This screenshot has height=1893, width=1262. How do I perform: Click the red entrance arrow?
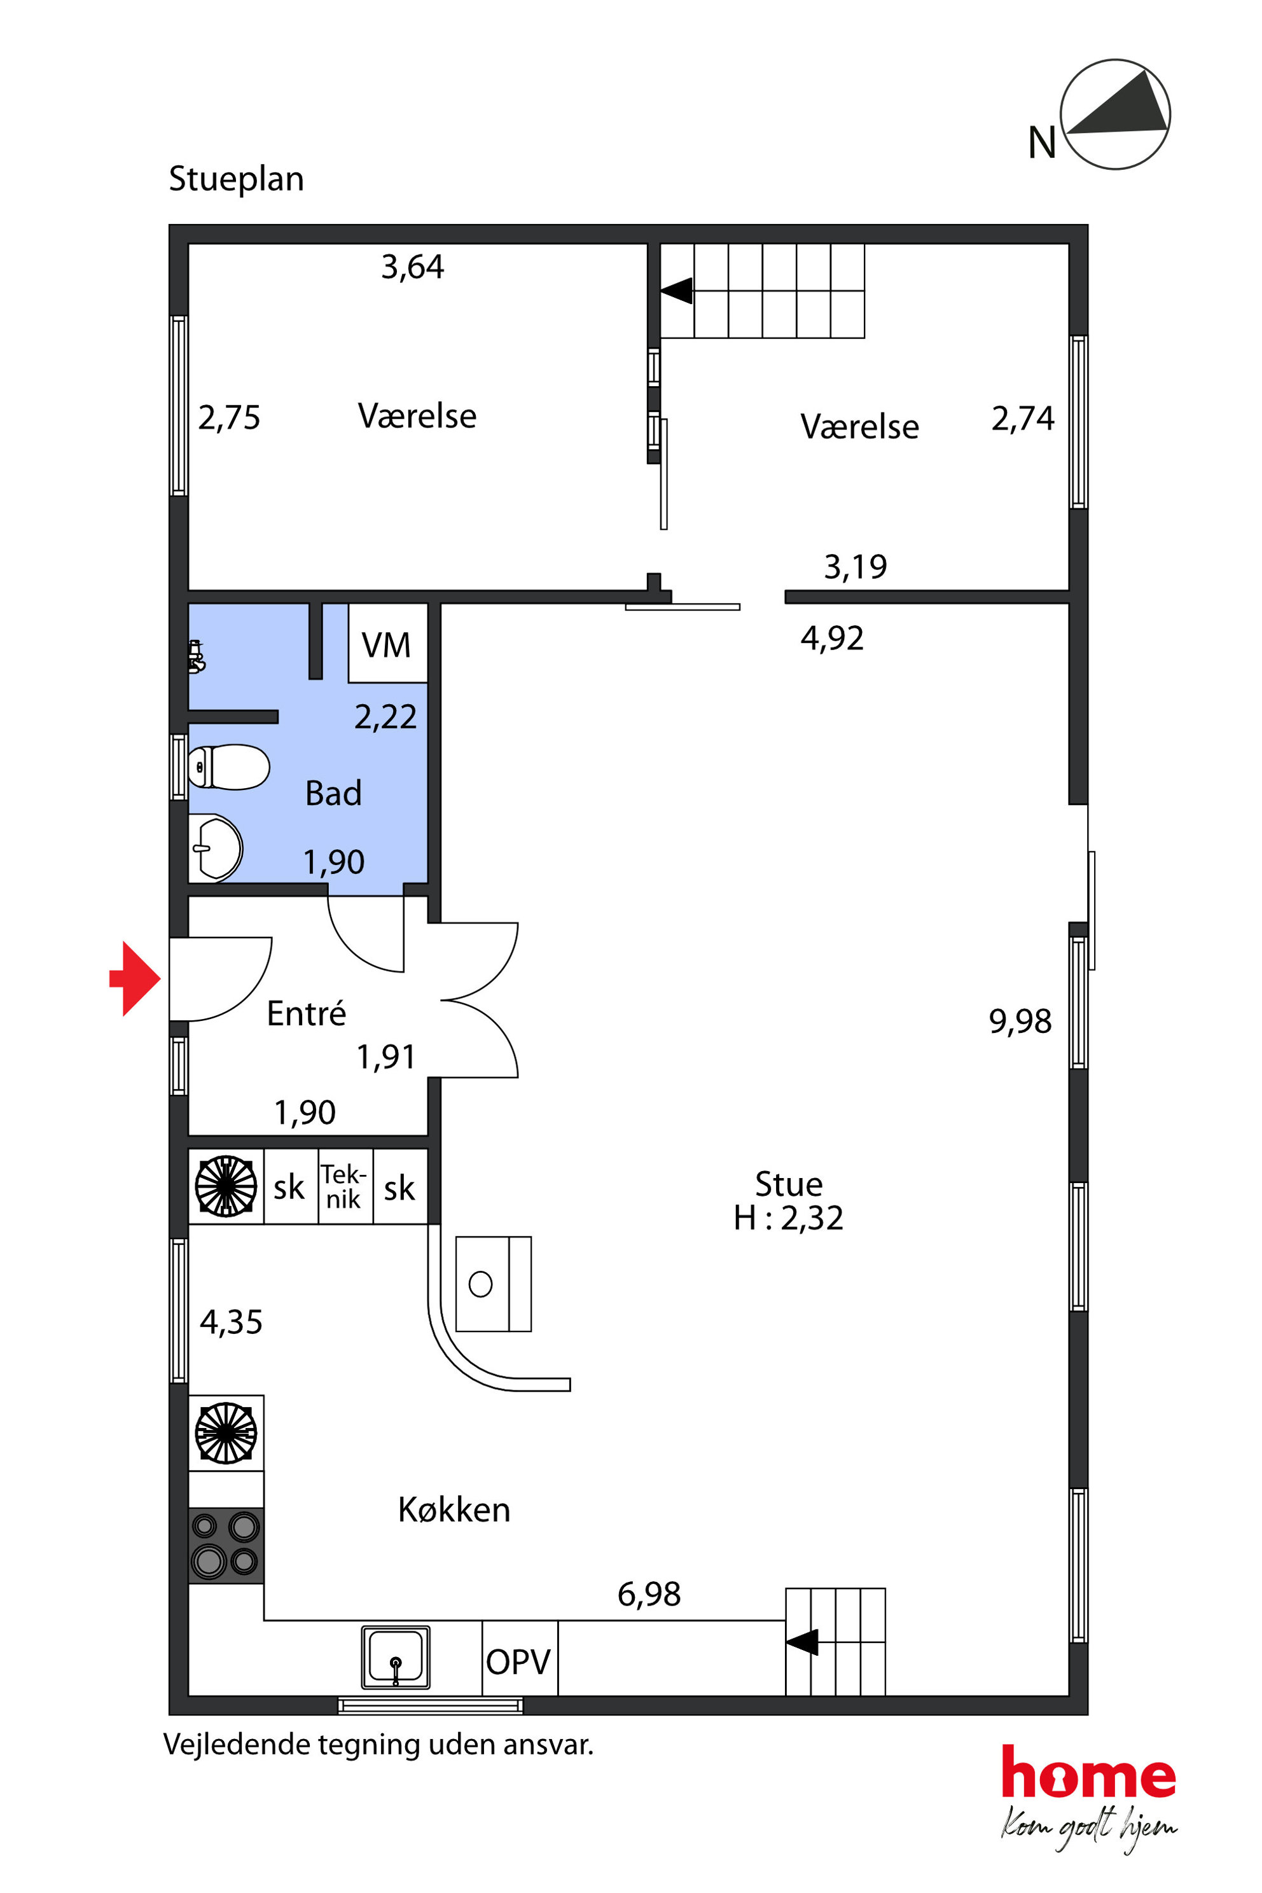click(136, 979)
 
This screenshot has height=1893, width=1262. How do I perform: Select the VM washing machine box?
click(387, 643)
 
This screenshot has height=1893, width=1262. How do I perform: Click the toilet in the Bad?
click(228, 767)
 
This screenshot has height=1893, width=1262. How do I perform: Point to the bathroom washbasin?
click(215, 847)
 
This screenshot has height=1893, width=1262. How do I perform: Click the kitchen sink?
click(395, 1657)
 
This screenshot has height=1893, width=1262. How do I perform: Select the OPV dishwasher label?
click(518, 1661)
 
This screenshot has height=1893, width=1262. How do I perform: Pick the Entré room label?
click(306, 1013)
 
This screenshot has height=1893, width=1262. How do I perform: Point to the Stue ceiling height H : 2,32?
click(788, 1217)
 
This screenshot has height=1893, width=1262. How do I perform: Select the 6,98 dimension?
click(649, 1593)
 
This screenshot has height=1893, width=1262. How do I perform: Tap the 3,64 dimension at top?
click(412, 267)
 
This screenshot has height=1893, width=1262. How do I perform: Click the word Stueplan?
click(237, 179)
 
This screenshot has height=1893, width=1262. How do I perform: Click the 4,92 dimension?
click(832, 638)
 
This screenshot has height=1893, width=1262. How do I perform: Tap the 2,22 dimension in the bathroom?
click(385, 716)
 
